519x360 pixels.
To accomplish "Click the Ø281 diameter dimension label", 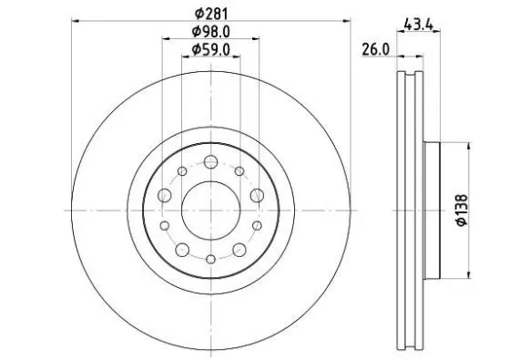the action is coord(211,14).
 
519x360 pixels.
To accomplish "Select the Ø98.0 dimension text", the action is coord(211,32).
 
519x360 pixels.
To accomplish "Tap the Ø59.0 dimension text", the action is coord(211,50).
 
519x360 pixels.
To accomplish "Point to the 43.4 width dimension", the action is coord(419,25).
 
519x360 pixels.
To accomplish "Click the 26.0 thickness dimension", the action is coord(376,50).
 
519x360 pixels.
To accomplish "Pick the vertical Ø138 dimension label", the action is coord(462,211).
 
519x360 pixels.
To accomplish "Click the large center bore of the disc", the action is coord(211,211).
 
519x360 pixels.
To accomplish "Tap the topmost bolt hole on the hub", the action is coord(211,162).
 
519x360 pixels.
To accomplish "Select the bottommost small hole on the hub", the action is coord(211,260).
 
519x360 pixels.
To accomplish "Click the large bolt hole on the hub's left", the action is coord(165,195).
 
